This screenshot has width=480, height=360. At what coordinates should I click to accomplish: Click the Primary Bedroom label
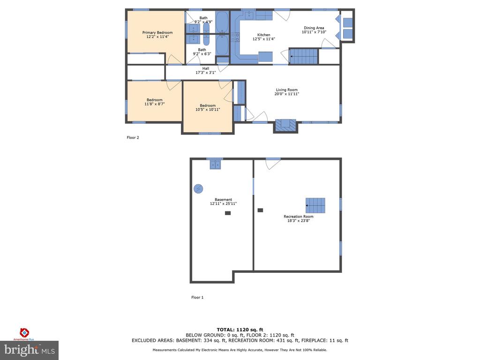pos(157,33)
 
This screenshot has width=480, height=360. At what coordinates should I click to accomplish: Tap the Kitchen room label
pos(263,35)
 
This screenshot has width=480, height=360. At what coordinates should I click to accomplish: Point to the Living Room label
pos(286,90)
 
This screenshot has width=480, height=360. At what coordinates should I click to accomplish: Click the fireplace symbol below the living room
pos(285,125)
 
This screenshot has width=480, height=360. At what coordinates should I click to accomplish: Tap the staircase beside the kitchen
pos(304,57)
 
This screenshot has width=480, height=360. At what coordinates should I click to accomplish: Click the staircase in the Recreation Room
pos(315,205)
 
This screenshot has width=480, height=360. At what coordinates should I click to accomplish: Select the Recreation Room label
pos(298,217)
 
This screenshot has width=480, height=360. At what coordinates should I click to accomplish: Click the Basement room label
pos(223,200)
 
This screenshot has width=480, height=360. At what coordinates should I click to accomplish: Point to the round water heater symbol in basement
pos(198,188)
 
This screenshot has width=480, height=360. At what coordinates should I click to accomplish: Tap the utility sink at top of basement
pos(215,164)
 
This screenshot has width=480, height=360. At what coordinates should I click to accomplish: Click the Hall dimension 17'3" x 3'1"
pos(205,73)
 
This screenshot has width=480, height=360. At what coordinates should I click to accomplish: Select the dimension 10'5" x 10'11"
pos(208,109)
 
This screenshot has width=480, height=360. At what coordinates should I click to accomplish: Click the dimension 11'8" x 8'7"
pos(154,104)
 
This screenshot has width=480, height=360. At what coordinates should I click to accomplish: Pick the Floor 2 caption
pos(133,138)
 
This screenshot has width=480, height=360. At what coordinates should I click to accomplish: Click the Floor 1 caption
pos(197,297)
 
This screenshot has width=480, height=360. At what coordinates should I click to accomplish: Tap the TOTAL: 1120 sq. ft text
pos(240,330)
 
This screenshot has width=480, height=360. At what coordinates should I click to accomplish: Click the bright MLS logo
pos(29,350)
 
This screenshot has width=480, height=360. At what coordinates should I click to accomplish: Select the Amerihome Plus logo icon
pos(24,332)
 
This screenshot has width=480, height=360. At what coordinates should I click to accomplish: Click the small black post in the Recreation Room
pos(260,210)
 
